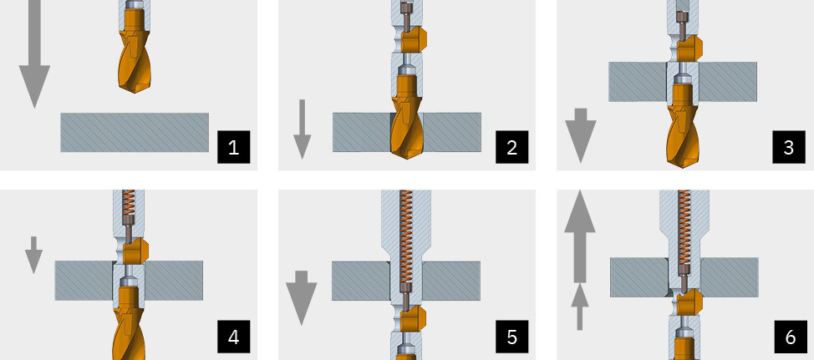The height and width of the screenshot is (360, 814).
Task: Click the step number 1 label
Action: point(233,147)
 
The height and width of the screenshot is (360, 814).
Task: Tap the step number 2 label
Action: point(511,147)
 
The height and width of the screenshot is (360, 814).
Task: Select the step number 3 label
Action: point(789,147)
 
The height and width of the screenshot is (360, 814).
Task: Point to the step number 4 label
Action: point(233,337)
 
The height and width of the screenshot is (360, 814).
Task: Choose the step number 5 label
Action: point(511,337)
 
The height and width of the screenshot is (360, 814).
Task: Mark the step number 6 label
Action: point(790,337)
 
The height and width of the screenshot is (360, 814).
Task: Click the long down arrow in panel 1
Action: point(34,54)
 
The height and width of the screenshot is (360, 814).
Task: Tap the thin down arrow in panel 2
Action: point(303,129)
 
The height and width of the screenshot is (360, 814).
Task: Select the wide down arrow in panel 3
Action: point(580,135)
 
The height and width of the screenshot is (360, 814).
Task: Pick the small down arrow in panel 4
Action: point(33,255)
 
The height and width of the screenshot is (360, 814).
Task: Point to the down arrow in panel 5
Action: point(301,297)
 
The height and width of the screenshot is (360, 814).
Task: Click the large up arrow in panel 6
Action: point(580,236)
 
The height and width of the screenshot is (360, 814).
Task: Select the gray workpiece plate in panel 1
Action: point(135,132)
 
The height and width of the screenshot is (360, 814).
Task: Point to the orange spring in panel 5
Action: point(406,236)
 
